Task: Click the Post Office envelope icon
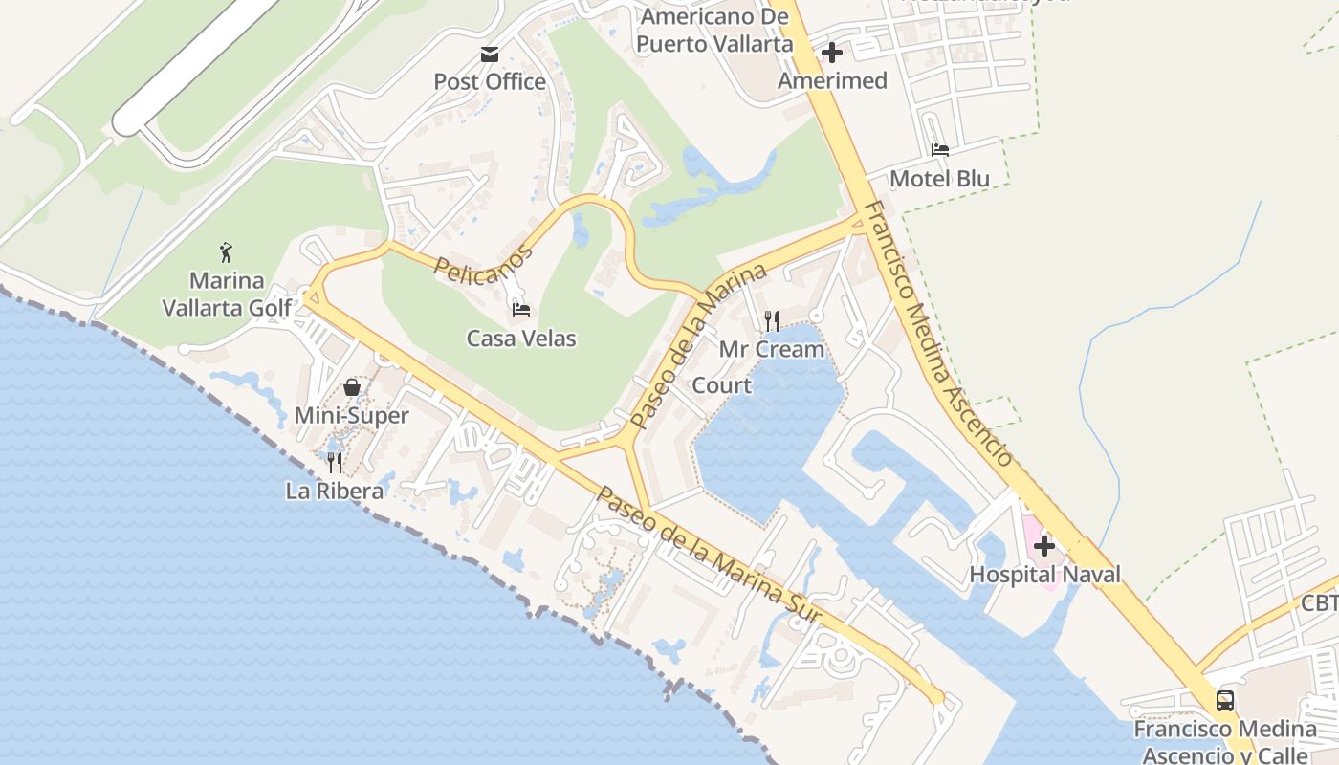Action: coord(490,55)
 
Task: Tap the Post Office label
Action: coord(490,81)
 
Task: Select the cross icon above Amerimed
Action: coord(833,53)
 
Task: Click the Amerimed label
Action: coord(833,80)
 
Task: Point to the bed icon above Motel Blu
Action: coord(940,150)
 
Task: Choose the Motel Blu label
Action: coord(940,179)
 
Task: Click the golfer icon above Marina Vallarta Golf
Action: coord(227,252)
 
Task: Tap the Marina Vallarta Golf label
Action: coord(227,295)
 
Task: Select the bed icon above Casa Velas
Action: coord(521,310)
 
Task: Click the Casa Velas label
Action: coord(521,338)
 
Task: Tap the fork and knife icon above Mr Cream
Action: coord(772,321)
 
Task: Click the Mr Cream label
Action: coord(772,349)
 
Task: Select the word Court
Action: coord(721,385)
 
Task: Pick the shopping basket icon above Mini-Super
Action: coord(352,387)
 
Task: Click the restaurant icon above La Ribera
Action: coord(335,463)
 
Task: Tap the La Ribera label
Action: coord(335,491)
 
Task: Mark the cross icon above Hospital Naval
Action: coord(1044,546)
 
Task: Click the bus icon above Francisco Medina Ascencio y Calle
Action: coord(1225,701)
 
